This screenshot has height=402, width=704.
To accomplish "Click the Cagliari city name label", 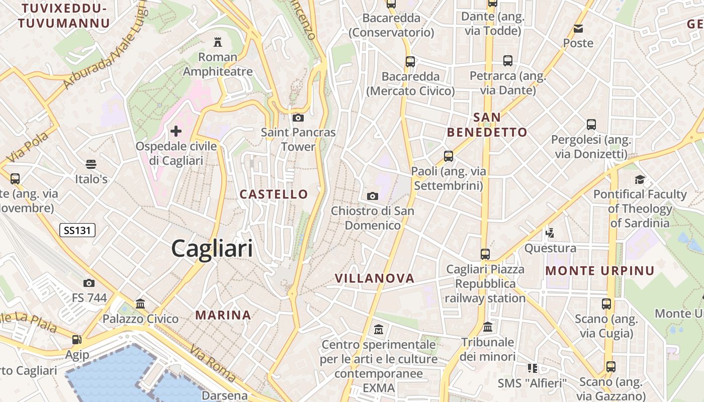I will click(x=212, y=249).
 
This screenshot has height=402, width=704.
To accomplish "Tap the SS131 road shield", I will click(x=77, y=231).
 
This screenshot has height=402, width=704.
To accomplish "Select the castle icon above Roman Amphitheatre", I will click(x=218, y=41).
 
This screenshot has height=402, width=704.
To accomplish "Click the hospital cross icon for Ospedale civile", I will click(x=176, y=132).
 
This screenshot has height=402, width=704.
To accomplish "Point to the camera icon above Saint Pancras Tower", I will click(x=298, y=118).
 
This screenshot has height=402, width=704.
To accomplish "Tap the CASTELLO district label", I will click(x=274, y=194).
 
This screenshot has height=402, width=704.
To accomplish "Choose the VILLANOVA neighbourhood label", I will click(x=375, y=278).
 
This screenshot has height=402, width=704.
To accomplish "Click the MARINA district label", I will click(x=223, y=315).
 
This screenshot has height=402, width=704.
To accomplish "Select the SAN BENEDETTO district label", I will click(x=487, y=125).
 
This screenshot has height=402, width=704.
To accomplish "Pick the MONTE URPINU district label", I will click(x=600, y=271).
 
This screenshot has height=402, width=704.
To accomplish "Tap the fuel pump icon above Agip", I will click(x=76, y=340).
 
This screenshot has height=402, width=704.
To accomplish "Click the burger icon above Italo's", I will click(x=91, y=164).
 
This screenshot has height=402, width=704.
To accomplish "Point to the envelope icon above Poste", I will click(x=578, y=28).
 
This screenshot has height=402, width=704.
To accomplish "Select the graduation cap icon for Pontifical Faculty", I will click(x=640, y=179).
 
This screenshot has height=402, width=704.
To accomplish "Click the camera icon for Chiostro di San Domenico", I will click(x=373, y=196).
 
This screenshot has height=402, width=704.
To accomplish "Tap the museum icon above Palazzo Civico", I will click(x=140, y=304).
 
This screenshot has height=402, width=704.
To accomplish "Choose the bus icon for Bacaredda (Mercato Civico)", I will click(x=410, y=62).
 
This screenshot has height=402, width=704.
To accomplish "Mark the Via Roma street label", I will click(x=212, y=363).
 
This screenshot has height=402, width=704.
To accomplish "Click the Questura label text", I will click(x=550, y=248).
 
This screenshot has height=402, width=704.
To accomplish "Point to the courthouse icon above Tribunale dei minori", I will click(x=488, y=327).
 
